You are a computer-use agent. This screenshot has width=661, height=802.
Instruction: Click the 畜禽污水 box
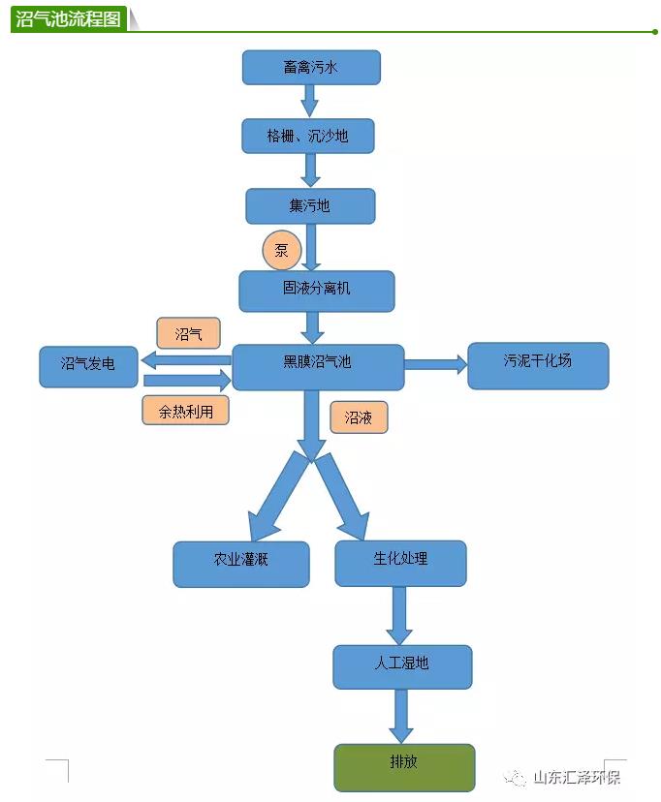pyautogui.click(x=310, y=68)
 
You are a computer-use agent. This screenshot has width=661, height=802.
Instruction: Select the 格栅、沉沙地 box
pyautogui.click(x=307, y=137)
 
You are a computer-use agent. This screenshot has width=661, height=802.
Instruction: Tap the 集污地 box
pyautogui.click(x=309, y=206)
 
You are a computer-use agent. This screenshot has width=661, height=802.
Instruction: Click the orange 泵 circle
pyautogui.click(x=281, y=250)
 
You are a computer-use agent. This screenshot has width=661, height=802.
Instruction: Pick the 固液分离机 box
pyautogui.click(x=316, y=290)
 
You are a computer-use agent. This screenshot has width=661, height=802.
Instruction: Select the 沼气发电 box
pyautogui.click(x=88, y=366)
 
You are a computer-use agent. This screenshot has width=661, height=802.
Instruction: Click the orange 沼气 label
pyautogui.click(x=188, y=333)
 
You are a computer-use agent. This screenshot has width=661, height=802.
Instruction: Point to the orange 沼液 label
pyautogui.click(x=358, y=417)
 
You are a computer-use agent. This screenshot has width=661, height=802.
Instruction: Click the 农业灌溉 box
pyautogui.click(x=241, y=563)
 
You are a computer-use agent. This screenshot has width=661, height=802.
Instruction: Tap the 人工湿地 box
pyautogui.click(x=402, y=666)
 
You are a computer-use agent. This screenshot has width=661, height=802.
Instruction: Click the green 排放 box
pyautogui.click(x=404, y=766)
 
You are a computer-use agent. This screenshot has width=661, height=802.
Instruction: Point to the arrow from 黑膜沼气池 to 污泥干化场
pyautogui.click(x=435, y=365)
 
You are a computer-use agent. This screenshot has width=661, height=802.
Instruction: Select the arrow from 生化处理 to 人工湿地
pyautogui.click(x=399, y=614)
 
